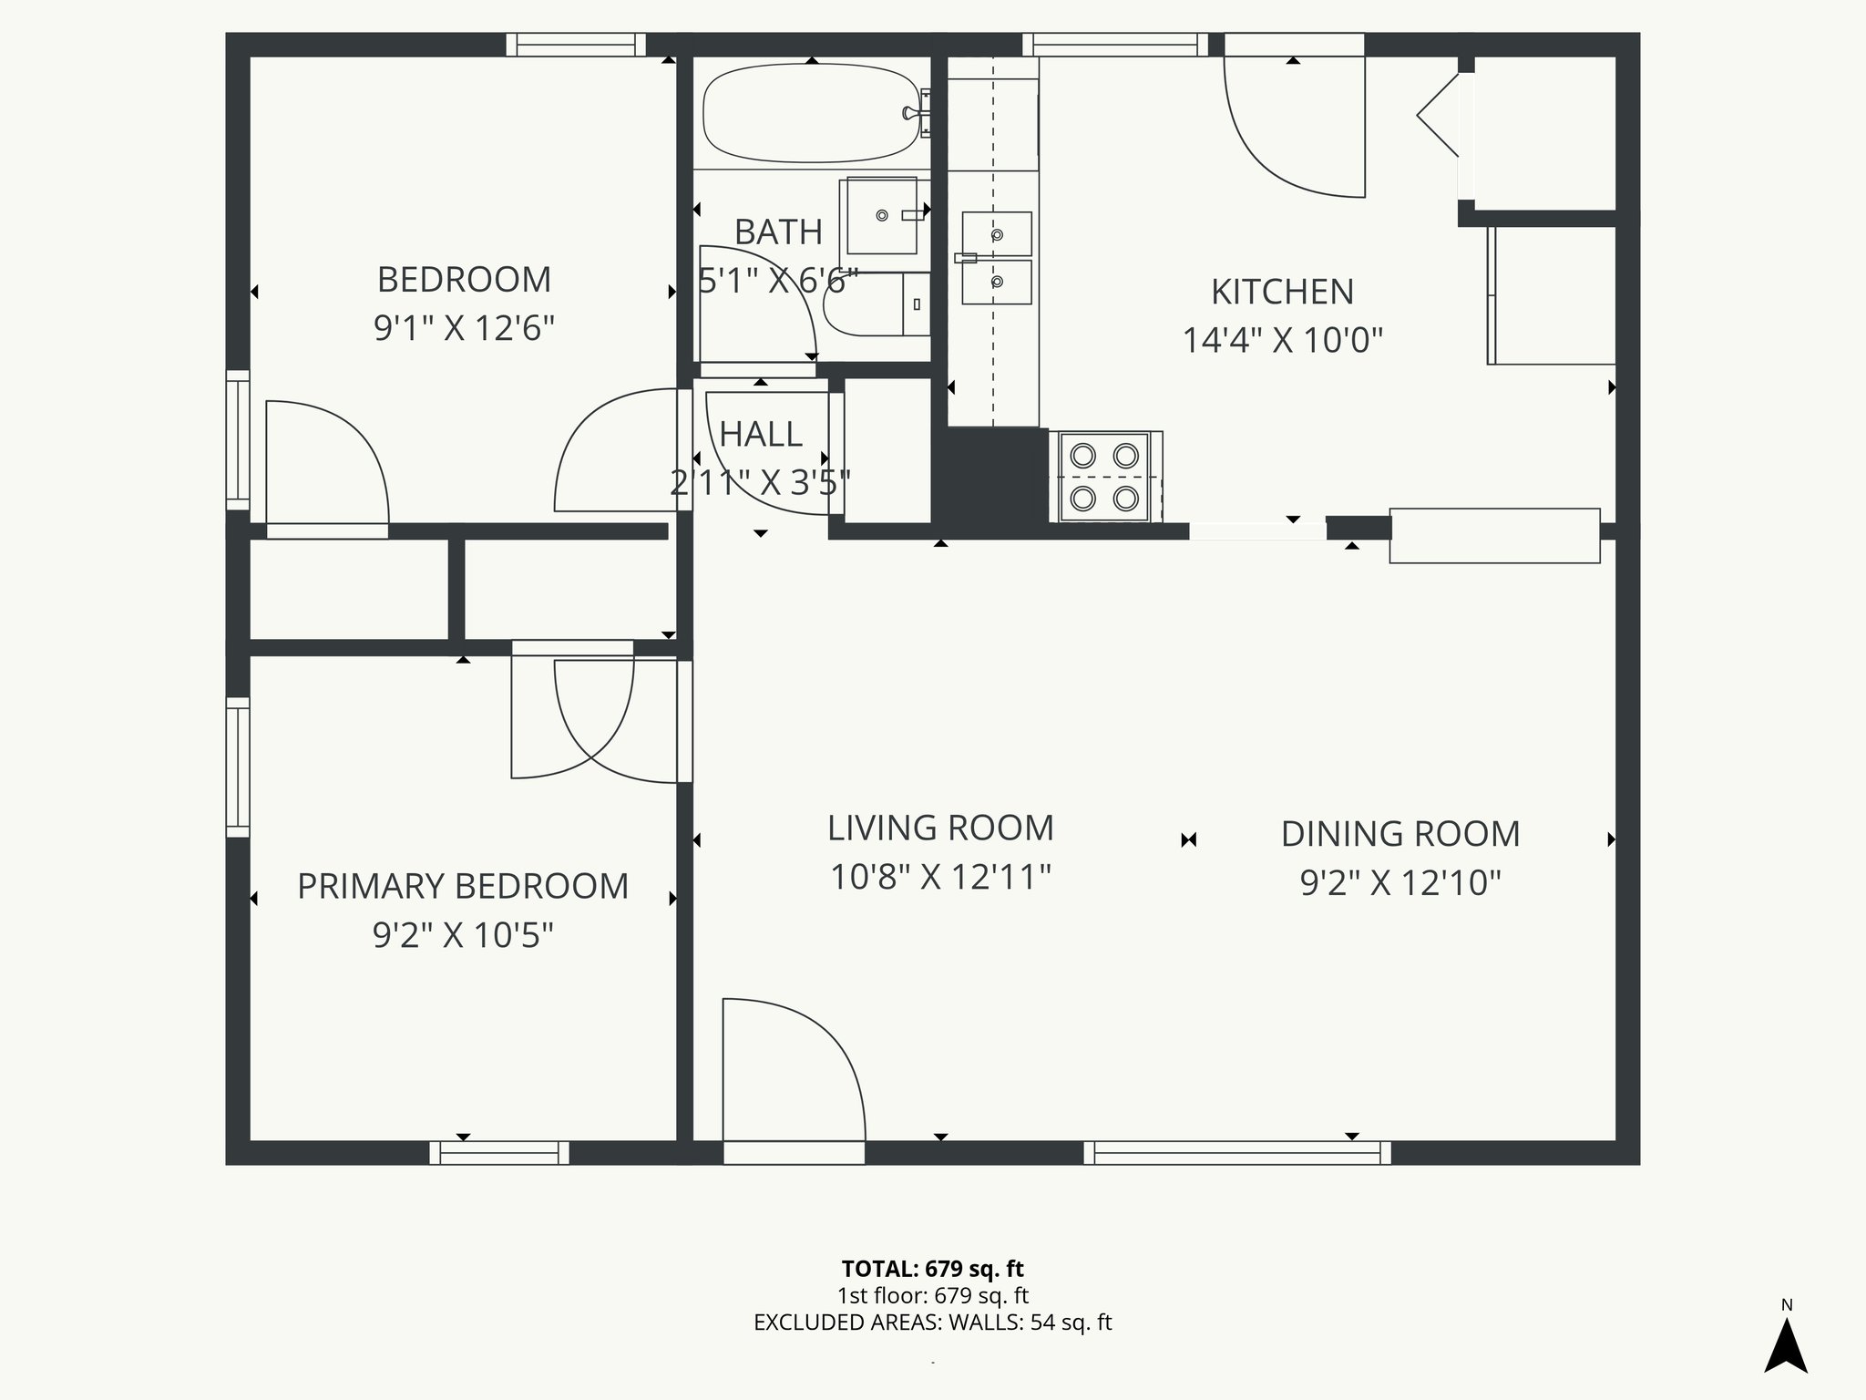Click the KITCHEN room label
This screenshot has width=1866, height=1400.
(1282, 292)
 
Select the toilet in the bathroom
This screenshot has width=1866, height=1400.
(875, 304)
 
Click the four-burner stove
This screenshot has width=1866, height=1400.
(1105, 477)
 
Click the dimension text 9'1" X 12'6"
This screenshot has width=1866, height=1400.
(464, 327)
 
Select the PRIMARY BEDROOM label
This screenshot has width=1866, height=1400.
(463, 886)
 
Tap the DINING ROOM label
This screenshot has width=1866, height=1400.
(1400, 834)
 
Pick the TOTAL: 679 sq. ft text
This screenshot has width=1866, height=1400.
(932, 1269)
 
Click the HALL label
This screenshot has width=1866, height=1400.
(761, 435)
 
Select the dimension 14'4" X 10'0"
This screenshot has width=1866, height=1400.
(1282, 341)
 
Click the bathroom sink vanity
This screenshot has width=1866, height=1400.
(882, 216)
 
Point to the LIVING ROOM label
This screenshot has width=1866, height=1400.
(940, 828)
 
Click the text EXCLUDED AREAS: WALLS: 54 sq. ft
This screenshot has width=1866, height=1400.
(932, 1323)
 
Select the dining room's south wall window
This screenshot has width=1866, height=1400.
(1237, 1153)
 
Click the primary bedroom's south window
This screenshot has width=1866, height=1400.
(499, 1153)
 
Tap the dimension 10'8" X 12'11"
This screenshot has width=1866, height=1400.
(940, 877)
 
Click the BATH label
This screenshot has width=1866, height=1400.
(778, 232)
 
